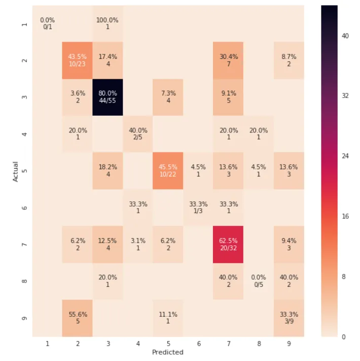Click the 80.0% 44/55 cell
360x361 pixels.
[107, 97]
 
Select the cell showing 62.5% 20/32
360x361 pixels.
[228, 244]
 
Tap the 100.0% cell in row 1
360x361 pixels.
[107, 23]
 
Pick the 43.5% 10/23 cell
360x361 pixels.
[78, 60]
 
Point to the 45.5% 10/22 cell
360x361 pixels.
[168, 171]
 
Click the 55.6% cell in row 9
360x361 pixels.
[78, 318]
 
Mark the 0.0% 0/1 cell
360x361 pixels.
[48, 23]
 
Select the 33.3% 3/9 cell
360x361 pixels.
[289, 318]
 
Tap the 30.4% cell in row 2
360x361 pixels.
[228, 60]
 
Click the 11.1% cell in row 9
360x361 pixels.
[168, 318]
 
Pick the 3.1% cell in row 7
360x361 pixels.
[138, 244]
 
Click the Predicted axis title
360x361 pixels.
[168, 352]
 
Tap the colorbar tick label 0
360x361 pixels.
[345, 336]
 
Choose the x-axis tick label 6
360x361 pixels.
[198, 344]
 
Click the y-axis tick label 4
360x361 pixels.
[25, 134]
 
